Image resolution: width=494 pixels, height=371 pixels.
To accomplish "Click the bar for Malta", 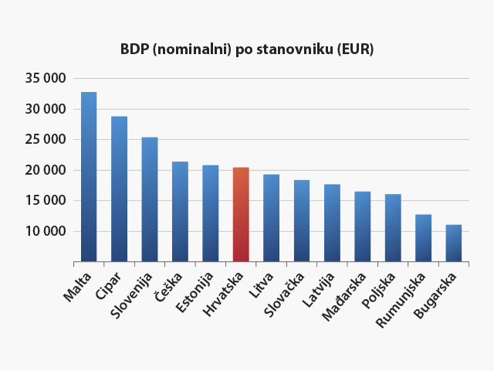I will [x=89, y=177].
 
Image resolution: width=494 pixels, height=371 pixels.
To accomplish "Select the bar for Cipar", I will [x=119, y=189].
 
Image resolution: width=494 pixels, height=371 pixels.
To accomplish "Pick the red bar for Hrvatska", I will [x=241, y=215].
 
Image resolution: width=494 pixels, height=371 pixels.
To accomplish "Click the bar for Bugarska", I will [x=454, y=243].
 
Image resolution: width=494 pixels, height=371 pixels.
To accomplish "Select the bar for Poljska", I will [x=393, y=228].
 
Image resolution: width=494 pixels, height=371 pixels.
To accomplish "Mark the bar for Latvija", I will [x=332, y=223].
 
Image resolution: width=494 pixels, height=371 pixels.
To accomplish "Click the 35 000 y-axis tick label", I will [x=46, y=79].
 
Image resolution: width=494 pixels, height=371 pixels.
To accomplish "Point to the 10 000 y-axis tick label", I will [x=46, y=231].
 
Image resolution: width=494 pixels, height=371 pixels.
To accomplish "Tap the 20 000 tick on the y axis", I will [x=46, y=170].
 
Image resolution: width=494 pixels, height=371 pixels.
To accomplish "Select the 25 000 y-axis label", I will [x=46, y=140].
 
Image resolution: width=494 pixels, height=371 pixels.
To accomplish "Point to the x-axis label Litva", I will [x=262, y=282].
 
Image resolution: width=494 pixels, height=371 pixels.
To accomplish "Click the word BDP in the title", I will [x=134, y=49].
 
